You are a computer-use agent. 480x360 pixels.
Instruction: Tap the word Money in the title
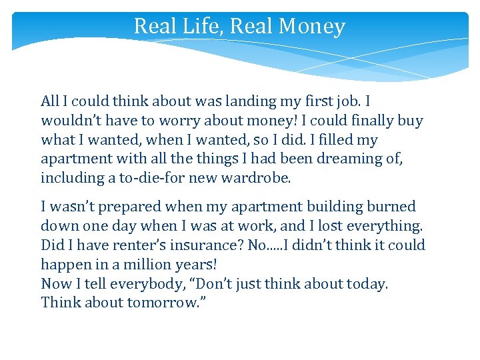313,26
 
